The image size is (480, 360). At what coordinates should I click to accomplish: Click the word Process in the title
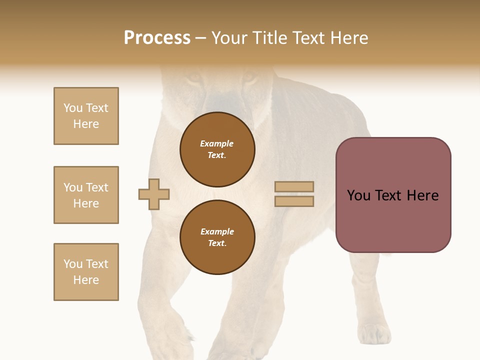pos(157,38)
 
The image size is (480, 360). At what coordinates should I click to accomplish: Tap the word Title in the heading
pos(270,38)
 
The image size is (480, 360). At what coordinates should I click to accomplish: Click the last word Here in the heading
pos(349,38)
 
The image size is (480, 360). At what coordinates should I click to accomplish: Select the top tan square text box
pos(86,116)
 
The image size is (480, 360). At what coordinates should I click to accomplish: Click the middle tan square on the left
pos(86,195)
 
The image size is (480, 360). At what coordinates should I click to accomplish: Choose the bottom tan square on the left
pos(86,272)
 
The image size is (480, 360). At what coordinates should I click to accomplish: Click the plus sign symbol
pos(154,194)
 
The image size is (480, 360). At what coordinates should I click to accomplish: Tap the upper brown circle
pos(217,149)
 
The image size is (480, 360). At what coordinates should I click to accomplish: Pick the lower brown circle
pos(217,237)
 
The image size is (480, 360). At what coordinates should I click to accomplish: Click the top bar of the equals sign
pos(294,186)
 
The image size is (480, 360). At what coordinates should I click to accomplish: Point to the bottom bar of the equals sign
pos(294,201)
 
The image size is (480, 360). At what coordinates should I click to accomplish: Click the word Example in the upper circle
pos(217,143)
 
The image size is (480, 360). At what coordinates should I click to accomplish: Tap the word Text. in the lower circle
pos(217,243)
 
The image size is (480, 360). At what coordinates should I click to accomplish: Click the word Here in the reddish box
pos(422,195)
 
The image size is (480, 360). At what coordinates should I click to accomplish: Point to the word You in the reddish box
pos(359,195)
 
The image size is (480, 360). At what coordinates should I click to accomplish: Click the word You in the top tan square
pos(73,108)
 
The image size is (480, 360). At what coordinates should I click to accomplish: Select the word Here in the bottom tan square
pos(86,280)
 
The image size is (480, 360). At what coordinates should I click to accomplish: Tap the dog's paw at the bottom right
pos(374,333)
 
